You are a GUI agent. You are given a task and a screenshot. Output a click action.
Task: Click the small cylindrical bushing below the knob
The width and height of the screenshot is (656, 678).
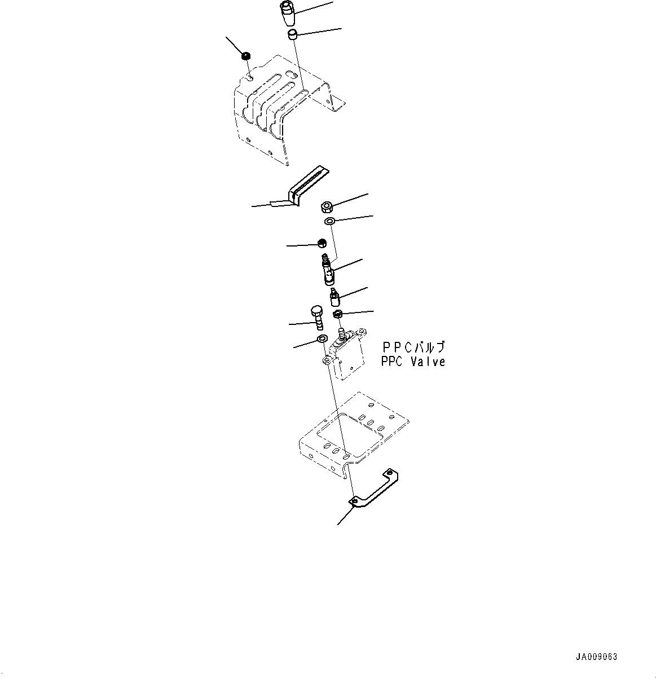point(292,36)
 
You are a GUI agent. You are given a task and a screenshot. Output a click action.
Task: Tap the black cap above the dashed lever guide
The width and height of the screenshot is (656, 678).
point(245,56)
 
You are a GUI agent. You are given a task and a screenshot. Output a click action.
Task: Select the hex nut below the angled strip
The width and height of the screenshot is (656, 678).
point(325,206)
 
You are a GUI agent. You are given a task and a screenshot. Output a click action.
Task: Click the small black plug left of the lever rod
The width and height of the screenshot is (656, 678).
point(323,243)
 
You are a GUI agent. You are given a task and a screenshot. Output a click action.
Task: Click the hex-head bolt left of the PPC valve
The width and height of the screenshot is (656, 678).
point(316,316)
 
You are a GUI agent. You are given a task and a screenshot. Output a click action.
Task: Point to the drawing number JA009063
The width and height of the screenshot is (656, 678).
point(596,657)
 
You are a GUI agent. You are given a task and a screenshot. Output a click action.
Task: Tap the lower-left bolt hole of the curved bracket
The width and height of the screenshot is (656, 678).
point(353,500)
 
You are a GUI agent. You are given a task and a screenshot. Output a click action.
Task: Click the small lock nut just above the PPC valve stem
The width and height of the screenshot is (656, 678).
point(338,314)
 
